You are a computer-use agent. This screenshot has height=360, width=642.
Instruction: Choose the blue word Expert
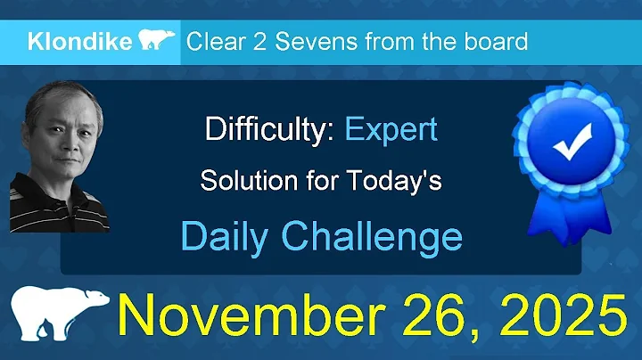click(391, 130)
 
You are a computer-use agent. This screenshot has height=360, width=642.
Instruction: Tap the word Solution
click(242, 180)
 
